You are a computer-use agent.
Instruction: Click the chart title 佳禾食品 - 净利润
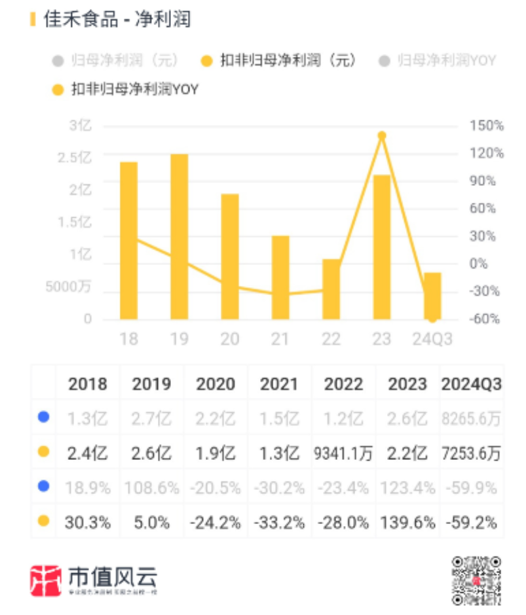point(117,20)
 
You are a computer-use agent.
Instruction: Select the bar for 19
point(179,236)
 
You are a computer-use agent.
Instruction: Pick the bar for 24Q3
point(432,295)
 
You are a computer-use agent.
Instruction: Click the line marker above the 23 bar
point(382,135)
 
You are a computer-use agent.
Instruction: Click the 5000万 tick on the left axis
point(68,287)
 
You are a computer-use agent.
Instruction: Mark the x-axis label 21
point(280,338)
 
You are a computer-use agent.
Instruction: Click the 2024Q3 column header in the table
point(472,384)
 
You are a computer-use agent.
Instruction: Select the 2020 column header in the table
point(216,384)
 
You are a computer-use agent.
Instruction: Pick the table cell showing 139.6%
point(407,522)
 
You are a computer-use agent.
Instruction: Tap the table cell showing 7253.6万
point(472,453)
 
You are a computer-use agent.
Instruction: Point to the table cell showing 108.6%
point(151,487)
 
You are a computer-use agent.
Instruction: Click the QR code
point(476,580)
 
